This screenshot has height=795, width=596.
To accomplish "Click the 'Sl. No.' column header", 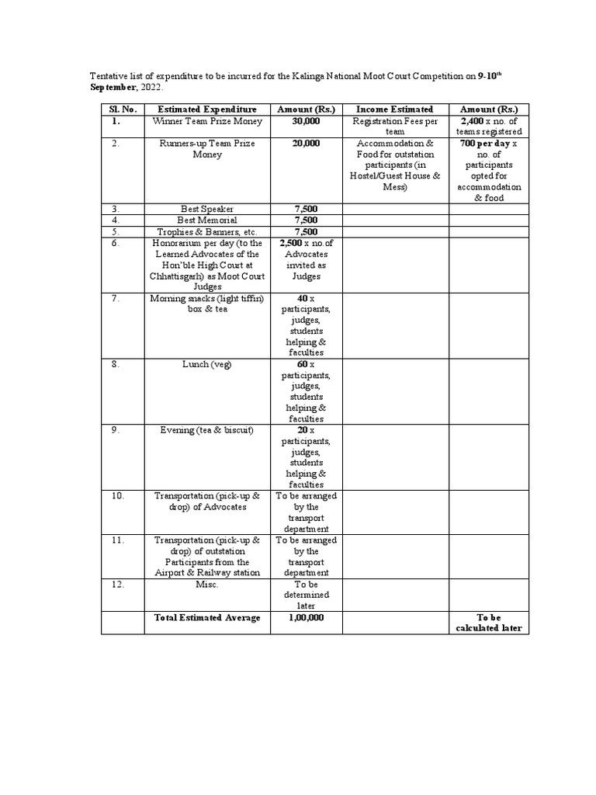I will click(122, 109).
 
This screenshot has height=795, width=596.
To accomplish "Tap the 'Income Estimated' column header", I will click(394, 109).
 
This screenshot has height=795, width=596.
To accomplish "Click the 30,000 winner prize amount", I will click(307, 121).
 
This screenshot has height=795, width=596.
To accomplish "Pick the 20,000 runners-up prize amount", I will click(307, 144).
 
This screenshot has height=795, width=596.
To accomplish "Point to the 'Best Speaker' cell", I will click(207, 210).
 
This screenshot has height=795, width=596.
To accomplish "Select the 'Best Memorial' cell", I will click(207, 220).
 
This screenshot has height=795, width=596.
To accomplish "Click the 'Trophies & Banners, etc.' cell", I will click(207, 231).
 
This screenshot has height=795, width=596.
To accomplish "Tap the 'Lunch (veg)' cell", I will click(207, 364).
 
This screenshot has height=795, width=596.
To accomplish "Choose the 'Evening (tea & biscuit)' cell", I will click(207, 430).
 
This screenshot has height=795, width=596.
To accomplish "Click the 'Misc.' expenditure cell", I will click(207, 585).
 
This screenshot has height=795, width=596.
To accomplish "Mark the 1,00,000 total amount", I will click(307, 618).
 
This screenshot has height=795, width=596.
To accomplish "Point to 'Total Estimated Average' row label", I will click(207, 618).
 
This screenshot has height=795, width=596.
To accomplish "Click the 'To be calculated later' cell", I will click(489, 623).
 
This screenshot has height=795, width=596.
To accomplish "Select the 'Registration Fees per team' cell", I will click(395, 127).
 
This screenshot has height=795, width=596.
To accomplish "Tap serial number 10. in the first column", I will click(117, 496).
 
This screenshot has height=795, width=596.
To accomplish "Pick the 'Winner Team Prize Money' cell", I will click(207, 121).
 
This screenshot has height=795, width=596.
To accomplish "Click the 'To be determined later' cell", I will click(307, 595).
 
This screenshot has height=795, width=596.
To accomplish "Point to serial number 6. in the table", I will click(115, 243).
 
